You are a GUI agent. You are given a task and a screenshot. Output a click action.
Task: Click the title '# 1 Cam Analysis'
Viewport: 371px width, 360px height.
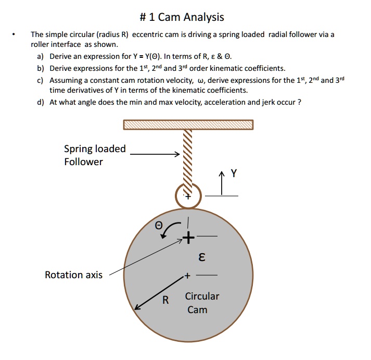185,17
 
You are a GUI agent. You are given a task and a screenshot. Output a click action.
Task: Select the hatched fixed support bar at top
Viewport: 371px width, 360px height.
188,125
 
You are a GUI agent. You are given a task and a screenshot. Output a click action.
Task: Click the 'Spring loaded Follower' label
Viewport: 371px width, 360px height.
95,155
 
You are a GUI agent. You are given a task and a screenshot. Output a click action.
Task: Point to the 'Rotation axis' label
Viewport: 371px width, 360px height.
73,275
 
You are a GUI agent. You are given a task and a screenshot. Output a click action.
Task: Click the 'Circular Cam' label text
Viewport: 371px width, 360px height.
202,303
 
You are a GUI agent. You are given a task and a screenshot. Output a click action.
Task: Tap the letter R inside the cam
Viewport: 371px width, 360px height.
165,300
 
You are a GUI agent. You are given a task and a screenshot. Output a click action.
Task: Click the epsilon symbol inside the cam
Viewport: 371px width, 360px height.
202,257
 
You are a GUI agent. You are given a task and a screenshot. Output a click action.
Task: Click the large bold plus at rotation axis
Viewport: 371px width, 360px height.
189,239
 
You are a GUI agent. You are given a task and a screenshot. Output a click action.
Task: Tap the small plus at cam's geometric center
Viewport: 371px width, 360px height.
186,274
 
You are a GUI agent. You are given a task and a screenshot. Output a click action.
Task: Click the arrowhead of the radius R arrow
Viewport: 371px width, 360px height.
137,308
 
